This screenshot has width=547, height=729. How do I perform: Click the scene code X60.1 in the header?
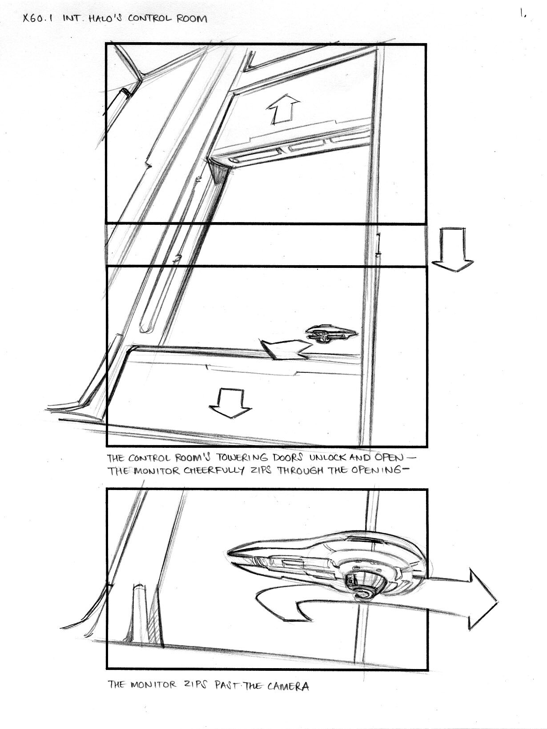[x=39, y=19]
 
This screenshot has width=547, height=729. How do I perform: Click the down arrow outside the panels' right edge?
[x=452, y=250]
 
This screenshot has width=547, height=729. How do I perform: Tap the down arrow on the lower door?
[x=230, y=403]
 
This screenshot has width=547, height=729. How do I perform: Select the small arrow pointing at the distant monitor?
[x=286, y=349]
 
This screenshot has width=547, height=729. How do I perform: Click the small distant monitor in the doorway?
[x=332, y=334]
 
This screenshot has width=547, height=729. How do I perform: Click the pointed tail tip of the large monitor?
[x=228, y=552]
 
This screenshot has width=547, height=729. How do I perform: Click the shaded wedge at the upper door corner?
[x=219, y=171]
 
